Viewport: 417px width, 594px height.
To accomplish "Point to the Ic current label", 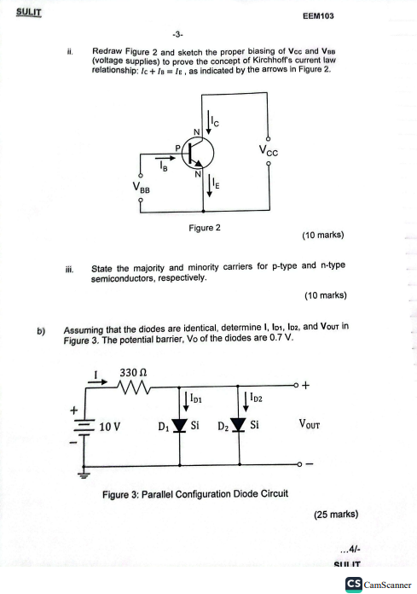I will pos(216,125).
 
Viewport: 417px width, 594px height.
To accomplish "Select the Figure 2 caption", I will pos(205,228).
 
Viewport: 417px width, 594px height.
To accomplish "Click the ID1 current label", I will pos(193,399).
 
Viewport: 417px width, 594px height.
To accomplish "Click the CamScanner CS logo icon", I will pos(353,583).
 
